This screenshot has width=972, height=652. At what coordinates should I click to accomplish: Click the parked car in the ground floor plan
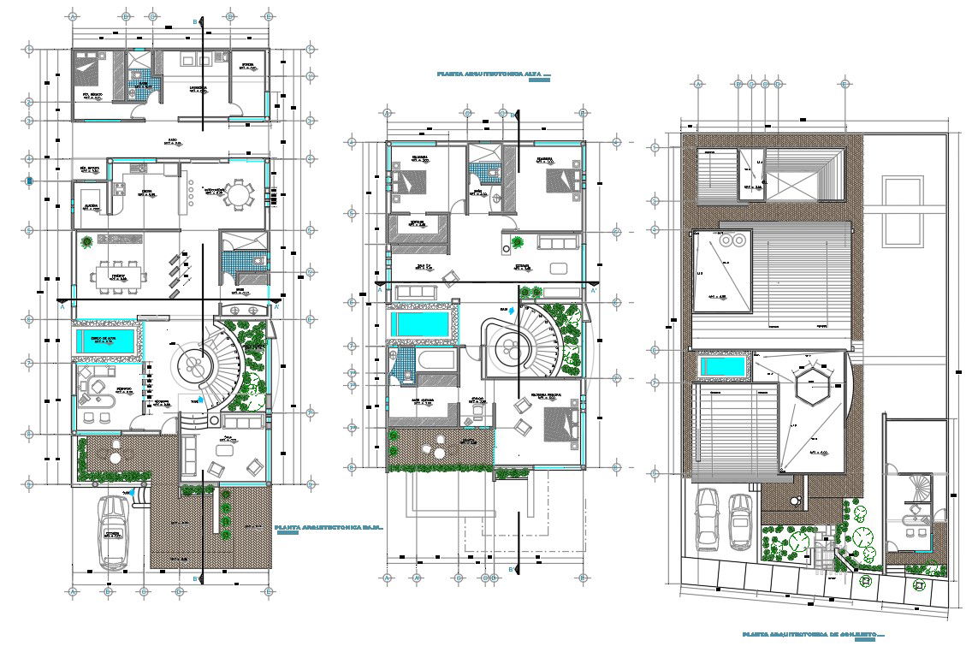(114, 532)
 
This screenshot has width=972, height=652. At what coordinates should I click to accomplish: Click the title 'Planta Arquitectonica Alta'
(492, 75)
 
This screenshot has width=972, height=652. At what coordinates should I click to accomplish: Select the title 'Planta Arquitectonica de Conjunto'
(812, 635)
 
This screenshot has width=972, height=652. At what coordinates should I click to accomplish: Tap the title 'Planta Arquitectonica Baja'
(329, 529)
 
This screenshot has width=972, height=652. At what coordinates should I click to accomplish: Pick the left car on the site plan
(708, 519)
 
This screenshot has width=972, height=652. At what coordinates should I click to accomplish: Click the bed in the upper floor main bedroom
(557, 424)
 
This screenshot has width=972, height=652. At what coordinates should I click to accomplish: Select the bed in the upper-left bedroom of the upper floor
(411, 181)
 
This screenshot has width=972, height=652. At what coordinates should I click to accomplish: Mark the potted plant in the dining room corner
(87, 243)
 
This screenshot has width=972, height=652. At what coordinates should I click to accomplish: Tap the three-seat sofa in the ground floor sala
(241, 422)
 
